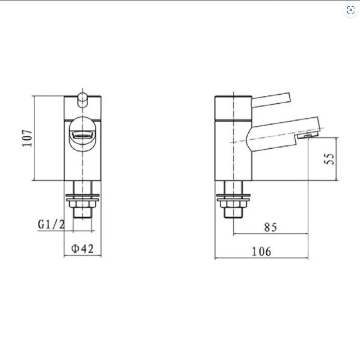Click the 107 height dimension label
click(x=27, y=138)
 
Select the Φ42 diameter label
click(x=82, y=248)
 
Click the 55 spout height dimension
click(x=330, y=159)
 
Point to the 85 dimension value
click(x=270, y=228)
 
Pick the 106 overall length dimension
click(x=262, y=251)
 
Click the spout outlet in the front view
click(x=82, y=134)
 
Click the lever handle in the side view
click(x=270, y=100)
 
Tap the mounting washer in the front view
click(x=82, y=197)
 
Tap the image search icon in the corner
click(x=351, y=10)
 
